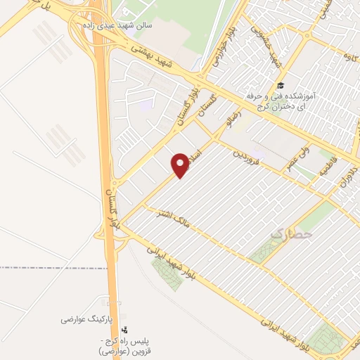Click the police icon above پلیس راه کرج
[x=125, y=328]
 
